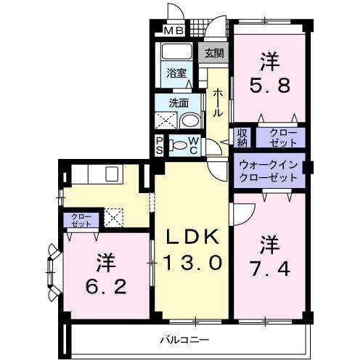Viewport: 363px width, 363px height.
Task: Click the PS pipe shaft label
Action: (x=159, y=145)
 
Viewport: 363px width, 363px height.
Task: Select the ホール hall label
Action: (x=216, y=105)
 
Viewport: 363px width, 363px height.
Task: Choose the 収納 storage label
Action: (x=242, y=136)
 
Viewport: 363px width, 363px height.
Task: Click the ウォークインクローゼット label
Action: (x=269, y=171)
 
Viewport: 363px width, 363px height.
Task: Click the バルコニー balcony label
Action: (x=185, y=339)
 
